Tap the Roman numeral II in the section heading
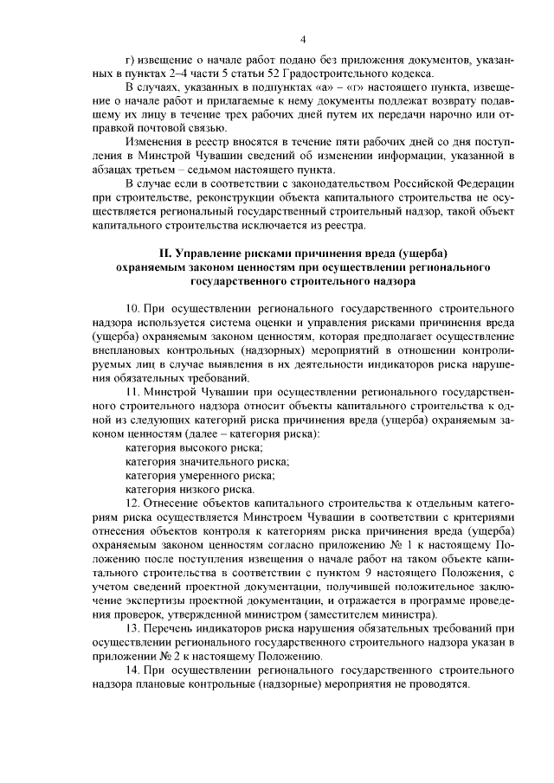click(167, 254)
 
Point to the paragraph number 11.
click(132, 392)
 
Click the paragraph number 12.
click(132, 504)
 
